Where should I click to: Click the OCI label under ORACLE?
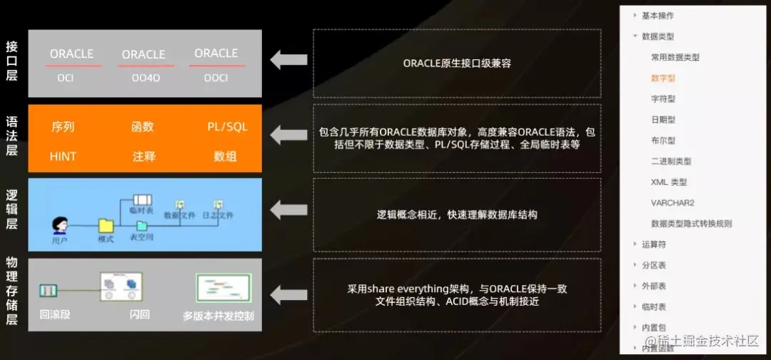pyautogui.click(x=66, y=78)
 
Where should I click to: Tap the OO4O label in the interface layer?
pyautogui.click(x=146, y=78)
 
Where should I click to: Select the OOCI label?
pyautogui.click(x=216, y=78)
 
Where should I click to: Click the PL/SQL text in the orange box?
pyautogui.click(x=227, y=127)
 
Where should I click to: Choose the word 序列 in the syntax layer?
pyautogui.click(x=63, y=127)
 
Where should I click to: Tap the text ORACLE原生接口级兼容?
pyautogui.click(x=457, y=63)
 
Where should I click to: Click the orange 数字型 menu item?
pyautogui.click(x=662, y=78)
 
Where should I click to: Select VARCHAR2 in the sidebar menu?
pyautogui.click(x=672, y=203)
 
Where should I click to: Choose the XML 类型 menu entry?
pyautogui.click(x=668, y=182)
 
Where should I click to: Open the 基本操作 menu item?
pyautogui.click(x=657, y=15)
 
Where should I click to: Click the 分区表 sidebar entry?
pyautogui.click(x=653, y=265)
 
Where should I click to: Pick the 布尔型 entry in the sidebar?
pyautogui.click(x=662, y=141)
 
